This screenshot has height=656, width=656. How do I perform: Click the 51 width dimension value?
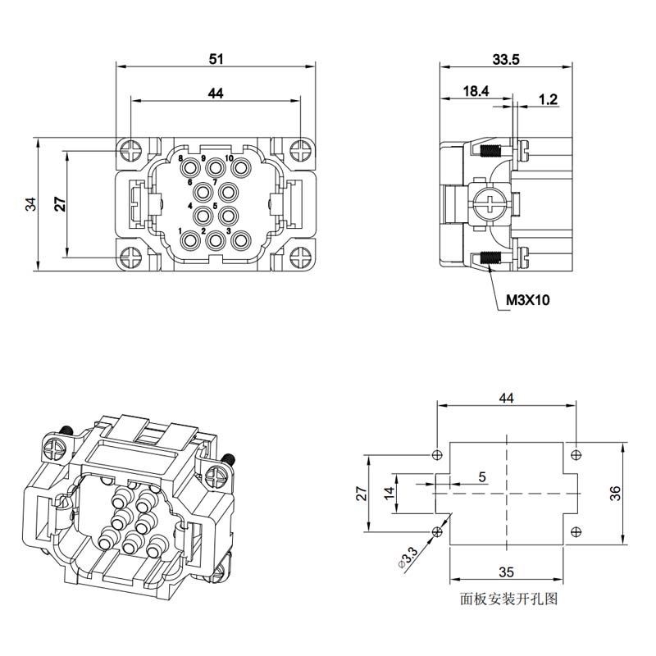click(x=216, y=59)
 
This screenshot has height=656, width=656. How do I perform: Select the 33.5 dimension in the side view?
click(x=506, y=59)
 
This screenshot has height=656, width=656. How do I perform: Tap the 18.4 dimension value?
click(x=476, y=91)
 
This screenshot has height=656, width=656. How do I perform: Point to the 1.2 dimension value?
click(x=548, y=99)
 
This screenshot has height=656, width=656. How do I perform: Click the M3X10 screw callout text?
click(x=528, y=300)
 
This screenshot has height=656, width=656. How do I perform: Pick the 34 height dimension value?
click(x=31, y=204)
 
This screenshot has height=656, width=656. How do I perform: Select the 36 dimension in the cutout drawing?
click(x=615, y=494)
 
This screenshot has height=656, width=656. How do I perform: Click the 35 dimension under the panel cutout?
click(x=506, y=572)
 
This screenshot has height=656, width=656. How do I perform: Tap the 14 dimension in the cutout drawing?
click(x=389, y=493)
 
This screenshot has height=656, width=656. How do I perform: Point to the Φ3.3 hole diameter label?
click(x=408, y=558)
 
